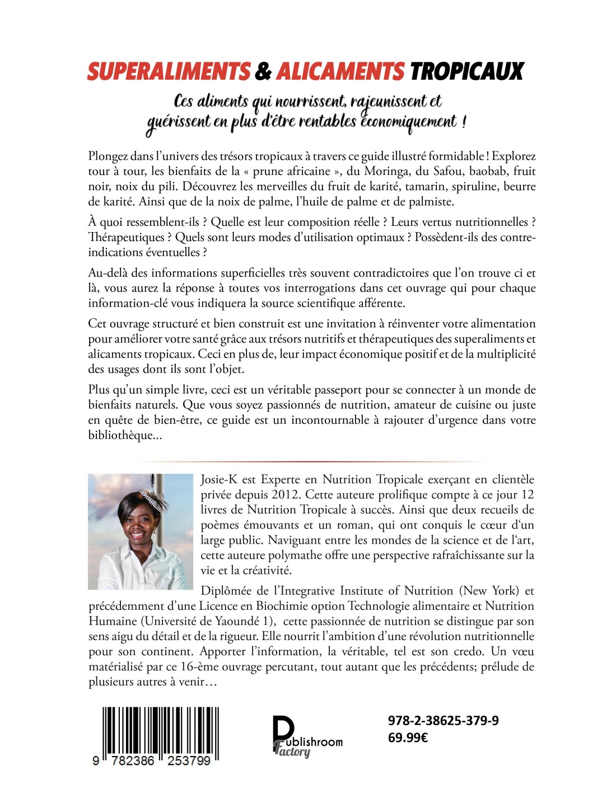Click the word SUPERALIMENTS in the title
click(x=169, y=72)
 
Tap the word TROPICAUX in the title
click(x=467, y=72)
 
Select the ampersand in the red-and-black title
click(x=263, y=72)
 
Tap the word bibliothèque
click(x=121, y=435)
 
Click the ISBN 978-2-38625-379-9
click(x=443, y=720)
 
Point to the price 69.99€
click(x=408, y=737)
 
